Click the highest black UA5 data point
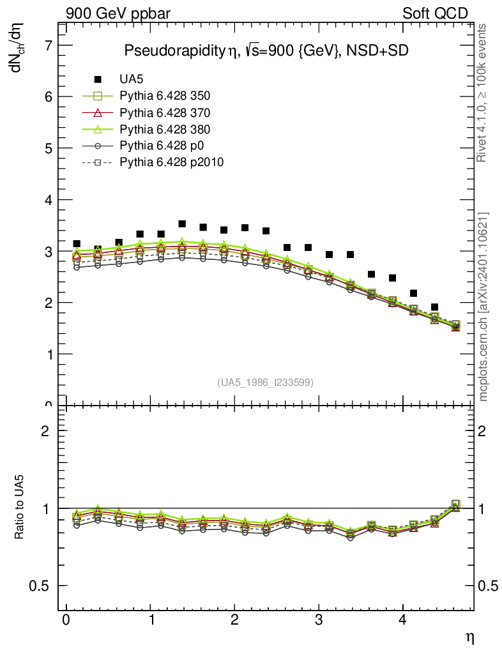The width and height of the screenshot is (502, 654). (182, 224)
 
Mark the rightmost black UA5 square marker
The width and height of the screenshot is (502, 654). (434, 307)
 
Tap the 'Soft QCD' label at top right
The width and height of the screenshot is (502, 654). (435, 13)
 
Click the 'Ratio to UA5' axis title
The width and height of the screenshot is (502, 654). (20, 508)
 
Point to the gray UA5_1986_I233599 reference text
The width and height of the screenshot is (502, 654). (265, 382)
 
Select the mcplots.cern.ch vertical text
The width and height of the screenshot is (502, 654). (483, 307)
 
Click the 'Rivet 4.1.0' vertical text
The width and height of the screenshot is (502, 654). (483, 93)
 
